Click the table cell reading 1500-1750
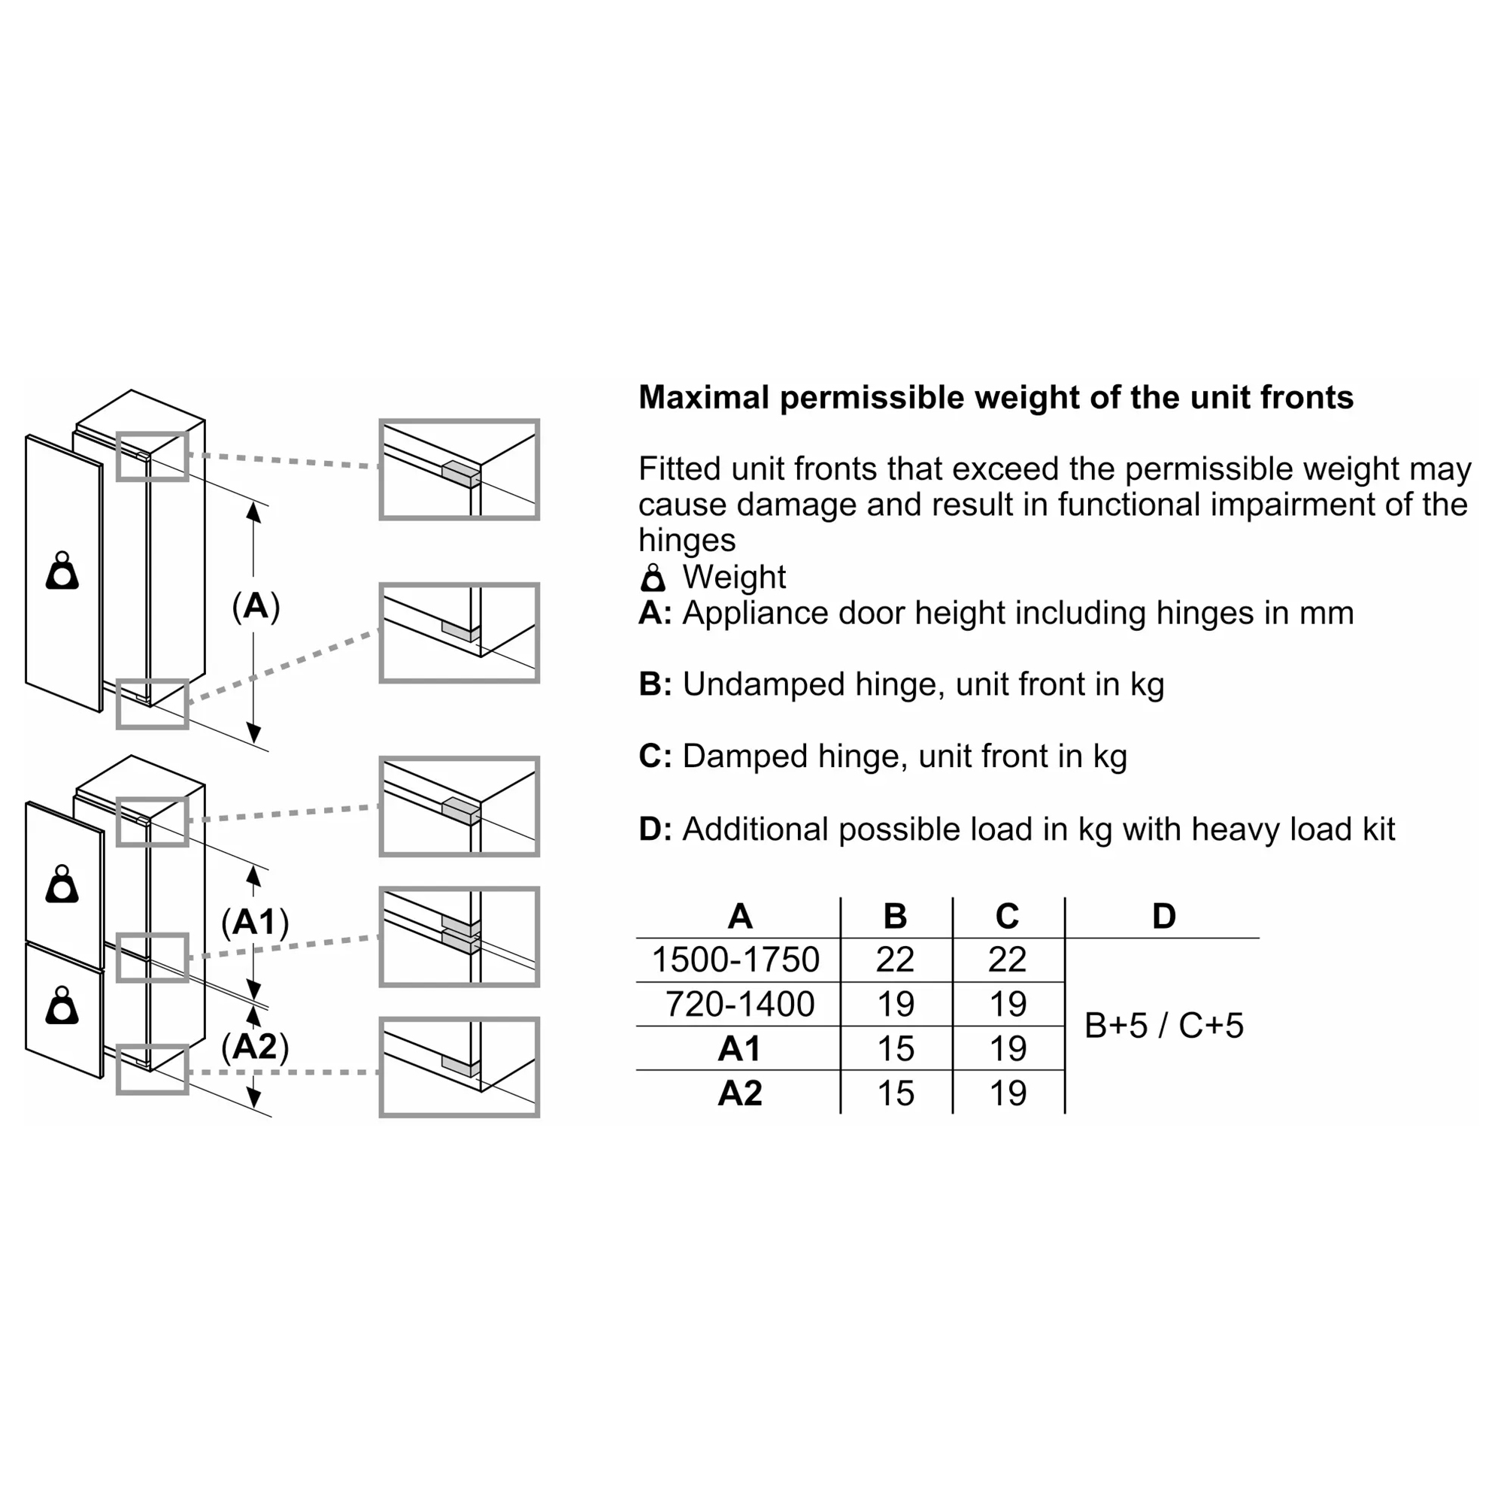point(735,959)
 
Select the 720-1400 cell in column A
point(739,1003)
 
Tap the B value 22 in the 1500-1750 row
point(894,959)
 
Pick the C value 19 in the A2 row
point(1008,1093)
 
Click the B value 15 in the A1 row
point(895,1048)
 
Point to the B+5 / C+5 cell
point(1164,1025)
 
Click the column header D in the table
point(1164,916)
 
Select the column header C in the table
point(1008,916)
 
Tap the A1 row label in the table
point(739,1048)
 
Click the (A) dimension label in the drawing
point(256,605)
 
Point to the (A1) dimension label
point(256,923)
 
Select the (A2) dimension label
point(256,1046)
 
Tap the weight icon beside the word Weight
point(652,578)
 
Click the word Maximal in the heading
point(704,398)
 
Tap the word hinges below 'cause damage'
point(687,540)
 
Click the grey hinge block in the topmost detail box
point(461,474)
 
